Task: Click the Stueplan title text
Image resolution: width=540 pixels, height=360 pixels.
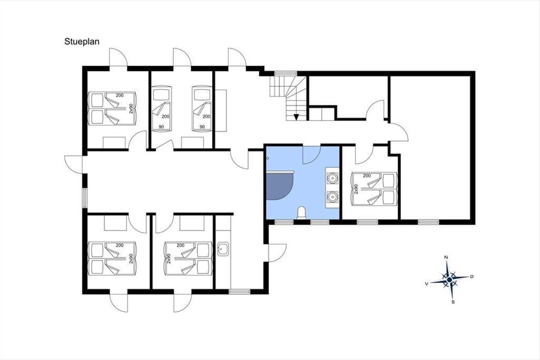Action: click(82, 42)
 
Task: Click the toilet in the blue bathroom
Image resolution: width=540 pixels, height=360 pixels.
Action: click(301, 213)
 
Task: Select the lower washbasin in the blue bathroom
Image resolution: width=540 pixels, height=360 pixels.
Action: click(333, 197)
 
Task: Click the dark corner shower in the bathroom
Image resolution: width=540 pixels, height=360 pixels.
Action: click(279, 186)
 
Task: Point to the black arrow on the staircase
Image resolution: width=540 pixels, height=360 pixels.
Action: click(296, 117)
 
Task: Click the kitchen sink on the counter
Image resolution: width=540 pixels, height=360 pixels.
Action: click(223, 249)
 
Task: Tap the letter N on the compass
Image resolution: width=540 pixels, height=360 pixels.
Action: click(446, 257)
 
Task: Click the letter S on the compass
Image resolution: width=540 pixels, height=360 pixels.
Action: click(453, 302)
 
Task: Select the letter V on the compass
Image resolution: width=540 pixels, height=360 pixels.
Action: click(427, 284)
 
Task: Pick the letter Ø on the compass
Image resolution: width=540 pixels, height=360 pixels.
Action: click(472, 277)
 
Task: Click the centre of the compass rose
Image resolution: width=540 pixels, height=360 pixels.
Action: click(450, 280)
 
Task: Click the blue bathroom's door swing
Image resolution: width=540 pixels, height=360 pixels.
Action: click(311, 155)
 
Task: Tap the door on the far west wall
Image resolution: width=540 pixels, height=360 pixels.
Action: click(73, 165)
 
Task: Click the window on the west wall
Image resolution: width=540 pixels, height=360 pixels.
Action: click(85, 198)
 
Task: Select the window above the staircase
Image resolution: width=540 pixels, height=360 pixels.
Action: click(286, 73)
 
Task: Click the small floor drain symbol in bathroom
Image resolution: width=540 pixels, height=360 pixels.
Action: click(268, 158)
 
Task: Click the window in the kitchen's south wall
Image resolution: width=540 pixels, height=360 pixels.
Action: click(239, 292)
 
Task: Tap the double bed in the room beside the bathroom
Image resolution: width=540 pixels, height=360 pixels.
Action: click(374, 189)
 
